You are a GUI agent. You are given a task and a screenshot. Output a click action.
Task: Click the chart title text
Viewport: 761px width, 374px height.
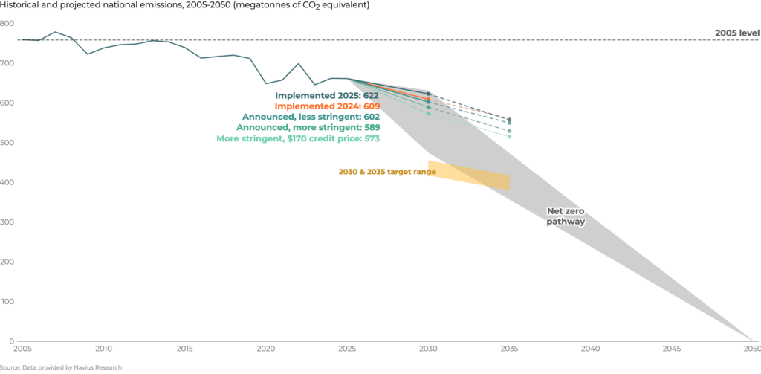pos(184,5)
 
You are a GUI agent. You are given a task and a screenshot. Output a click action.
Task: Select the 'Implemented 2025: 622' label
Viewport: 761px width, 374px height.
pos(327,96)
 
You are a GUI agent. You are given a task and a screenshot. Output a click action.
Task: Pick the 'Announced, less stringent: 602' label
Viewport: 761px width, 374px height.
pos(311,117)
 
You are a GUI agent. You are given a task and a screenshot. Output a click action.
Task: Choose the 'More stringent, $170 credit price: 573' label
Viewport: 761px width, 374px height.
pos(298,138)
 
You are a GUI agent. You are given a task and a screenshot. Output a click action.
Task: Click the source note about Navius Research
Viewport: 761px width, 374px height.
pos(61,367)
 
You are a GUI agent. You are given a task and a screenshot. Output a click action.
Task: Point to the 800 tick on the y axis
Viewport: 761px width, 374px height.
pos(7,23)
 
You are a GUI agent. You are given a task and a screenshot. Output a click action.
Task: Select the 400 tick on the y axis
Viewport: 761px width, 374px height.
pos(7,182)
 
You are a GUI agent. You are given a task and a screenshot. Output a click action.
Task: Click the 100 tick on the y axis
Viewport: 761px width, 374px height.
pos(7,302)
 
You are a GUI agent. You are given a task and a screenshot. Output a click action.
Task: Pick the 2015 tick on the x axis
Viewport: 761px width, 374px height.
pos(185,348)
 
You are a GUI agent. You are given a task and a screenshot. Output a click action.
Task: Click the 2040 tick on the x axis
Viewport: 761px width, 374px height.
pos(590,348)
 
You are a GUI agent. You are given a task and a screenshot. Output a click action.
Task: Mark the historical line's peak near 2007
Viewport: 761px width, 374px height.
pos(55,32)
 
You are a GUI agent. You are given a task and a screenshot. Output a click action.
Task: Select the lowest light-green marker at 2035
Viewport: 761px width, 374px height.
pos(509,136)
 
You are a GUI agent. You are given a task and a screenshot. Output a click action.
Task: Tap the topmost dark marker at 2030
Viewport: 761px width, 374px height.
pos(428,94)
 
